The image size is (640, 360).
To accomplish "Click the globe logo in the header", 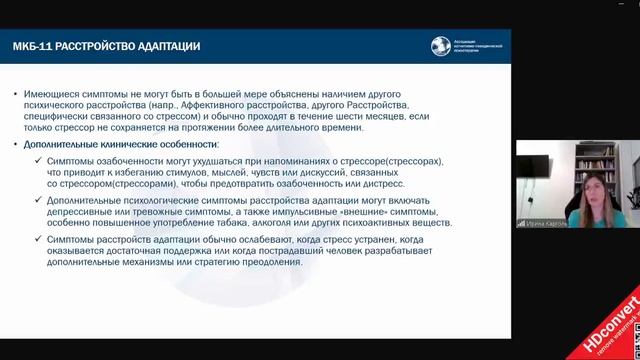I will point(441,46).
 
